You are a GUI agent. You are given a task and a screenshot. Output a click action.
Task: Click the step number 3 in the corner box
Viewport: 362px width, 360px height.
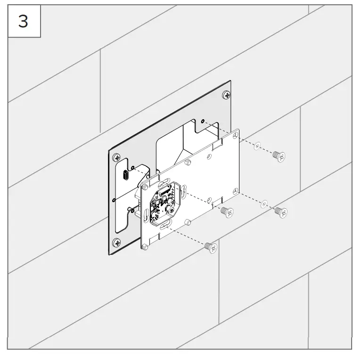(23, 22)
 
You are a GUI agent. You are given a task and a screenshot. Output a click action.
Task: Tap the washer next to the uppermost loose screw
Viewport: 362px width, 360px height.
(257, 146)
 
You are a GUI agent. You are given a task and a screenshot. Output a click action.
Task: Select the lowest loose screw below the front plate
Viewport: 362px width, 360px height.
(211, 246)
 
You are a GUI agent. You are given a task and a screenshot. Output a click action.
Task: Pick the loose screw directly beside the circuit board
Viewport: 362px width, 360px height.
(227, 212)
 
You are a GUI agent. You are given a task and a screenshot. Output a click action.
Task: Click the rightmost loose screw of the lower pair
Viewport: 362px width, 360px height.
(281, 212)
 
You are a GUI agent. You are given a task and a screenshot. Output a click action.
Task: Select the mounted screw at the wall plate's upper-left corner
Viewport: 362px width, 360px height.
(115, 159)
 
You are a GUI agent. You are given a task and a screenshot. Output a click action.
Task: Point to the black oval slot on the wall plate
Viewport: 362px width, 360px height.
(126, 175)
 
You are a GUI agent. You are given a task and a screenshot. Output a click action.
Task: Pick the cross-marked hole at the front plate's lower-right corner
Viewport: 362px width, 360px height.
(234, 191)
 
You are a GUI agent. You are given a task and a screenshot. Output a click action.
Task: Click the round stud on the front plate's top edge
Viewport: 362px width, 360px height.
(188, 162)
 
